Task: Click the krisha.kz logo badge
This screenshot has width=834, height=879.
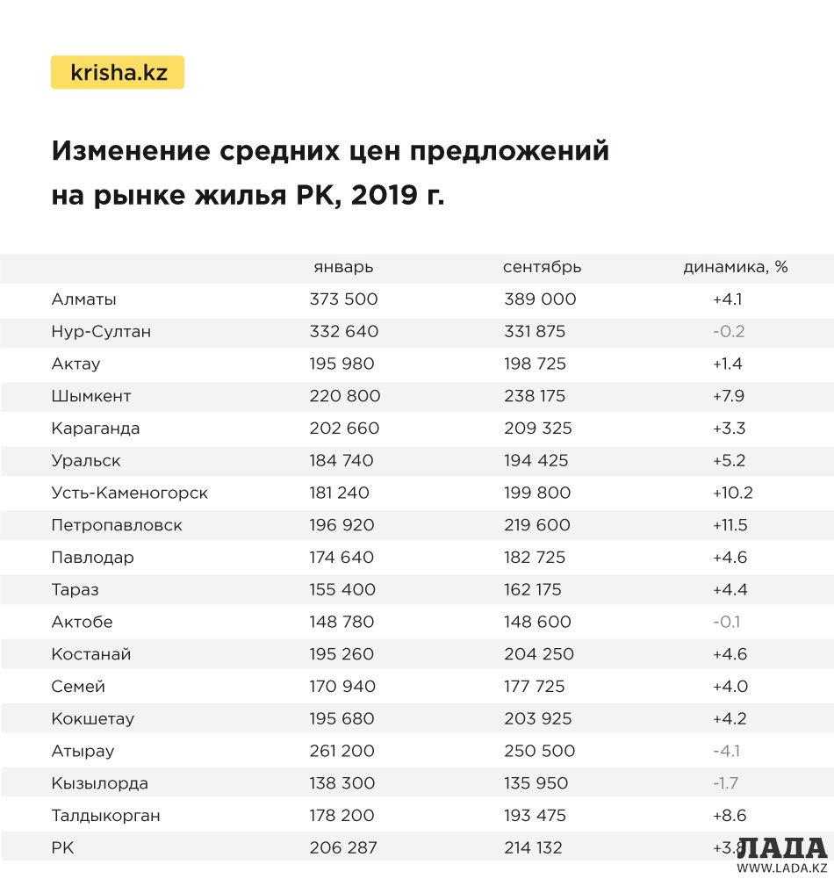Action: (x=118, y=73)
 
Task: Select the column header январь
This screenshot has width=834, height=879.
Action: (x=343, y=267)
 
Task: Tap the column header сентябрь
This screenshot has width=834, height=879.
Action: (x=542, y=267)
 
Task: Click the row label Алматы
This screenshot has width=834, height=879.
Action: (x=84, y=299)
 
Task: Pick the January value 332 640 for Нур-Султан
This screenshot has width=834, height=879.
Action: (x=344, y=332)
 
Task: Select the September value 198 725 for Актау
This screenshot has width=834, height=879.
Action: (x=535, y=364)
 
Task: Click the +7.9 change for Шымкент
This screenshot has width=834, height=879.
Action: (x=729, y=396)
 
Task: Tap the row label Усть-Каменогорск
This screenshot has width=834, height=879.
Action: (x=130, y=493)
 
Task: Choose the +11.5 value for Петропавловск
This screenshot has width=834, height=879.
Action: (x=730, y=525)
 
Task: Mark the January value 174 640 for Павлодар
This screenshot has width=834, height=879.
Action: (x=342, y=558)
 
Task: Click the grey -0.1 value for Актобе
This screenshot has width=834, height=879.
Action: (x=727, y=622)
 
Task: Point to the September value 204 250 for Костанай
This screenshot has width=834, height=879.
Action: (x=539, y=654)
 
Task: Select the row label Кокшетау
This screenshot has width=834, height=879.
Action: (x=93, y=718)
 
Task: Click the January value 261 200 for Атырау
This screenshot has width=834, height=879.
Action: (x=342, y=751)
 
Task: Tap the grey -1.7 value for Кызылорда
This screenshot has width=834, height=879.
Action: (x=727, y=783)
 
